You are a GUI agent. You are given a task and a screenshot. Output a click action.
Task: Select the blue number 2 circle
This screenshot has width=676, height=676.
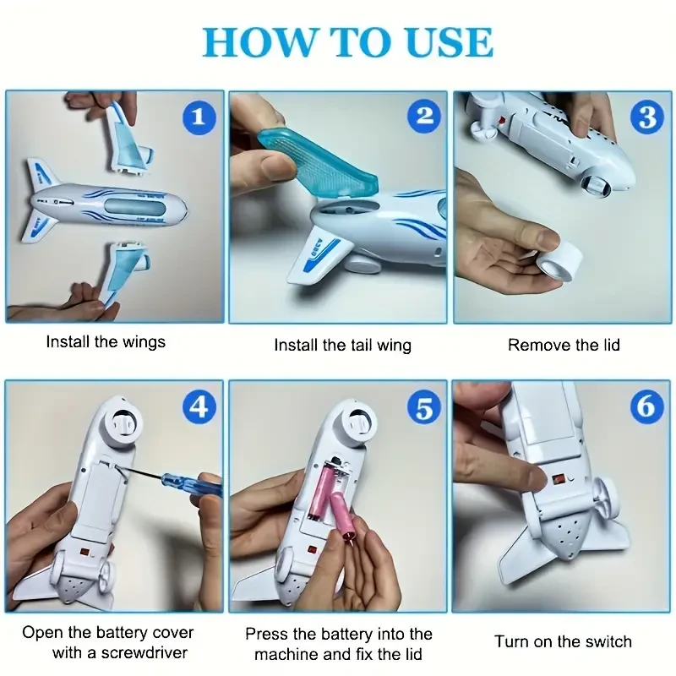coord(425,117)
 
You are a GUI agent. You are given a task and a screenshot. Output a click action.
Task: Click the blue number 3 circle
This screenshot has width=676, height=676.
coord(648,117)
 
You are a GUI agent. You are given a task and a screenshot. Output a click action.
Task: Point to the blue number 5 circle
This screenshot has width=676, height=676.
coord(425,407)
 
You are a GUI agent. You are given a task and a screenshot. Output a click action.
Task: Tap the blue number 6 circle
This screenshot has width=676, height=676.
coord(648,407)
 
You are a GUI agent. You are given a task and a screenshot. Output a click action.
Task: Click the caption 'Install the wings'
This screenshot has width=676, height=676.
coord(106,342)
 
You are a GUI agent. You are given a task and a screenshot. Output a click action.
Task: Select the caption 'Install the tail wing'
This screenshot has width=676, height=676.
coord(342,345)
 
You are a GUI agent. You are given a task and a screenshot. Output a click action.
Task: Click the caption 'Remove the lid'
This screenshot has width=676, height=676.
coord(564,345)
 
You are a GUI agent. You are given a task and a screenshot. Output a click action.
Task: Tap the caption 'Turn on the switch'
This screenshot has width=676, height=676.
coord(564,641)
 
